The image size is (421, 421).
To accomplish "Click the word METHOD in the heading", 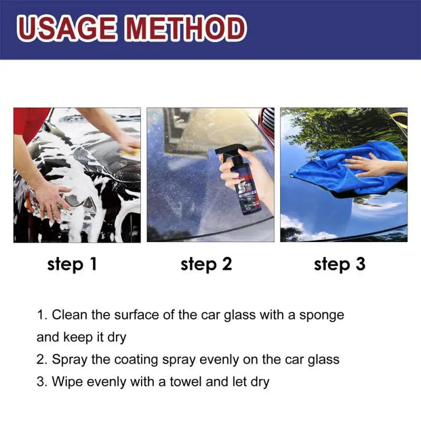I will tap(182, 29).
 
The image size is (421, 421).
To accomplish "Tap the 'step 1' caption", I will tap(72, 264).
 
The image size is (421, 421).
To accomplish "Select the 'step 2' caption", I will tap(206, 264).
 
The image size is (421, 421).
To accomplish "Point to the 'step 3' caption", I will tap(339, 264).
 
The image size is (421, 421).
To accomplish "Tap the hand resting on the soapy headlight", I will tap(53, 200).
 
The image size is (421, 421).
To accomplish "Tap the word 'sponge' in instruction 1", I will tap(322, 316).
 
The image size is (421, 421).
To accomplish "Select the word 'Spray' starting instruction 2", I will tap(70, 360).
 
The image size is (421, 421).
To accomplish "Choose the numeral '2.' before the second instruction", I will tap(42, 360).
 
